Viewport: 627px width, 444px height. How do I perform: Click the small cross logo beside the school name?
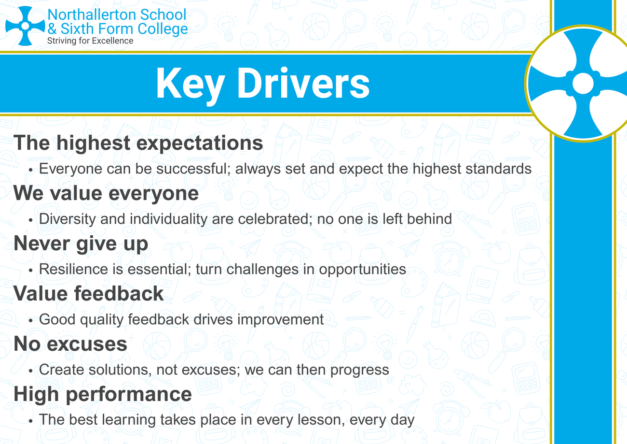click(25, 26)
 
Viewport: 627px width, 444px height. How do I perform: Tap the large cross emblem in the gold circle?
click(583, 83)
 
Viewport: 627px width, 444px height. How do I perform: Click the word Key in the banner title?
click(191, 85)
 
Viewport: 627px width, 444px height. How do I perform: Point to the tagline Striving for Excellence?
click(90, 41)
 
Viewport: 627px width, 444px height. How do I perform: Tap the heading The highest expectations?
click(138, 143)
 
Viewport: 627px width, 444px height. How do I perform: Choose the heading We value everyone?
click(106, 193)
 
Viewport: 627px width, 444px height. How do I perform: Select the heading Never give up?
click(81, 244)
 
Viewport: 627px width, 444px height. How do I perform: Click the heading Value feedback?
click(88, 293)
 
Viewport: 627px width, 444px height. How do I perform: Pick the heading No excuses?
click(70, 344)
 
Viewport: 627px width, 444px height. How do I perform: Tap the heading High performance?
click(102, 395)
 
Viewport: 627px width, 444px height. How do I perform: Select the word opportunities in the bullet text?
click(363, 270)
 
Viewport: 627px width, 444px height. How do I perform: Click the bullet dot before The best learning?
click(31, 421)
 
